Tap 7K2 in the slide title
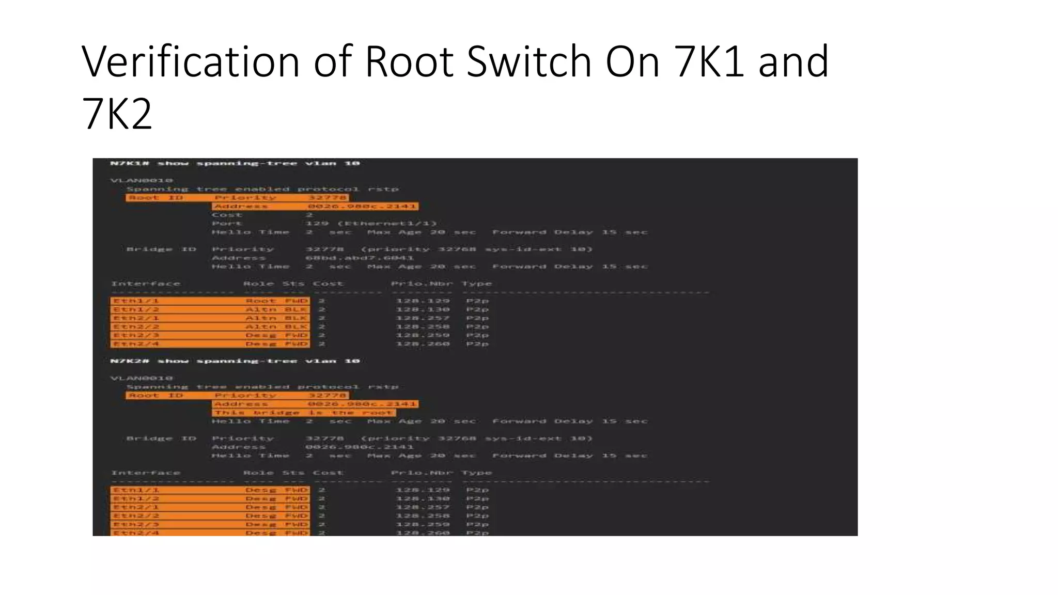(117, 114)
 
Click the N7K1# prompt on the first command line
(130, 163)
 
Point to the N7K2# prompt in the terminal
(130, 361)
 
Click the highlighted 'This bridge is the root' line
(304, 413)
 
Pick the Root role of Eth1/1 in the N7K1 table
(260, 301)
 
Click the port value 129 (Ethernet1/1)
(371, 224)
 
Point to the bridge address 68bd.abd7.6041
(360, 258)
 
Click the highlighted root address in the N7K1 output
(362, 206)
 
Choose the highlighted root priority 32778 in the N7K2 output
(327, 395)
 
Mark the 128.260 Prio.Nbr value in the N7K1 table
(423, 343)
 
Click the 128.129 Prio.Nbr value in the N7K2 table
(423, 490)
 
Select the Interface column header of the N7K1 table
(146, 284)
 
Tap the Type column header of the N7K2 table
(476, 473)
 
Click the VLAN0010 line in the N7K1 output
(142, 180)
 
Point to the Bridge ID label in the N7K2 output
(161, 439)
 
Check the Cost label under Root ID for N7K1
(227, 215)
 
